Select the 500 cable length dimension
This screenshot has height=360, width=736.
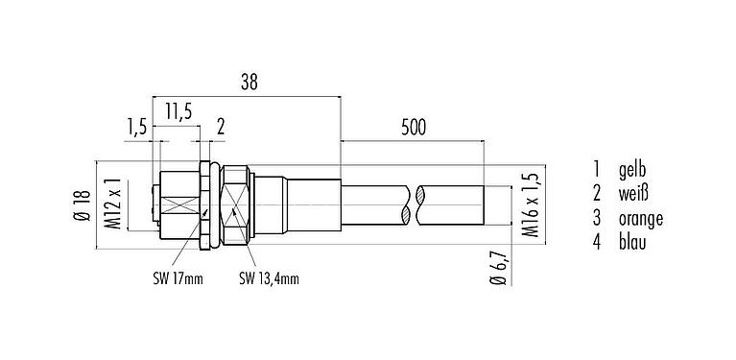413,126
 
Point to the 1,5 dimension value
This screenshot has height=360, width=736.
138,128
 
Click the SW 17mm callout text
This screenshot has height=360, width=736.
179,280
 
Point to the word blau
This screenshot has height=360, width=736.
638,242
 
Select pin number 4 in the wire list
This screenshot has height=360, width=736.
597,242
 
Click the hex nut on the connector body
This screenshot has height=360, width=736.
238,205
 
